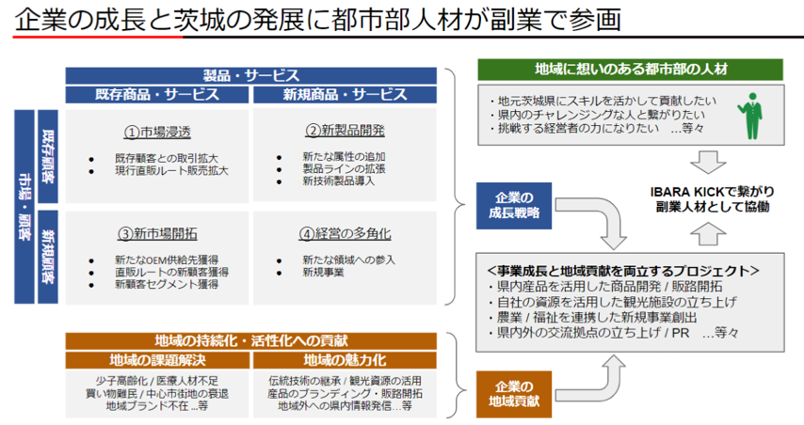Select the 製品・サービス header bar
point(251,75)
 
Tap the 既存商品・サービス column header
point(157,95)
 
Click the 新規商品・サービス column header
point(346,95)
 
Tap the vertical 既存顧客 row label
point(49,155)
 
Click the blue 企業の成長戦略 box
point(514,205)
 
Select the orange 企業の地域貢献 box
point(514,393)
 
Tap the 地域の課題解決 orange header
point(157,360)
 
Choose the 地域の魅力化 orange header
point(346,360)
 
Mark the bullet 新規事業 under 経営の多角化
point(324,272)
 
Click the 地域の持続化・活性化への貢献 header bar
point(251,340)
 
